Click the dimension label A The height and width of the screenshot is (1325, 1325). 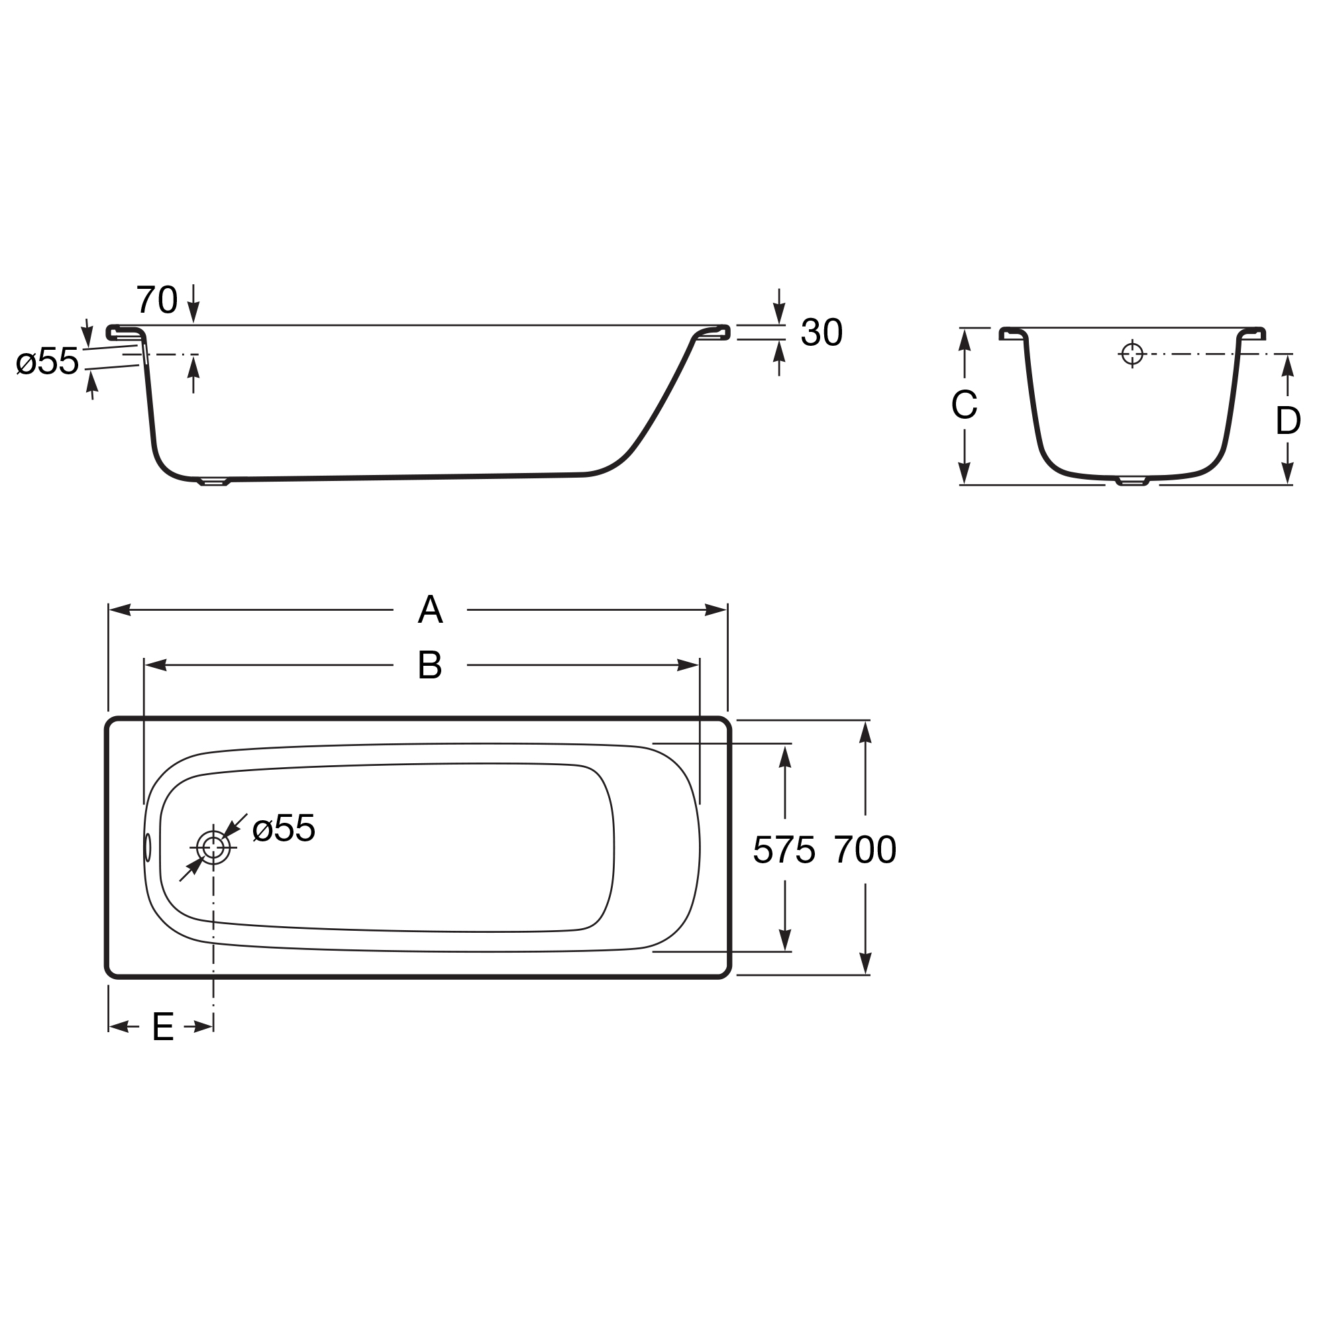click(430, 609)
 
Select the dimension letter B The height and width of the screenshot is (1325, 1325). click(430, 665)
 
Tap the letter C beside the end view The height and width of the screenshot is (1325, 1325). click(964, 404)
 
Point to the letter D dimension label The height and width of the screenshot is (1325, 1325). click(1288, 421)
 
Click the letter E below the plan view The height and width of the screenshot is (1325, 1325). click(163, 1027)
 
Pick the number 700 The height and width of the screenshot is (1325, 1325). click(865, 850)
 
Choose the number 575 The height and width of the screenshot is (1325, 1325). click(784, 851)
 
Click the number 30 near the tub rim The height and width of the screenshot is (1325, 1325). click(821, 333)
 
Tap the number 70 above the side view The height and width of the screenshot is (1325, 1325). click(157, 299)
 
